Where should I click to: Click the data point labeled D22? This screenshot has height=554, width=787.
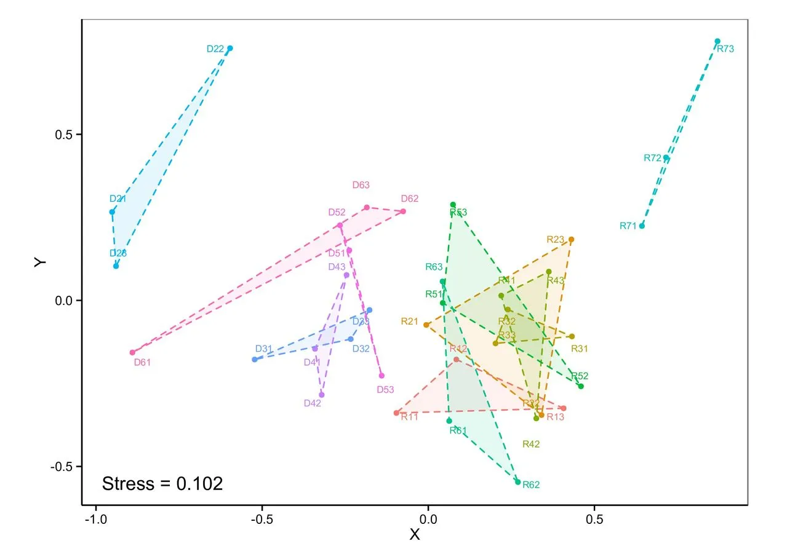tap(230, 48)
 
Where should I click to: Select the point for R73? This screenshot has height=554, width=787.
tap(717, 41)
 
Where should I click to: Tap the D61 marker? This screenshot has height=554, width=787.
tap(132, 352)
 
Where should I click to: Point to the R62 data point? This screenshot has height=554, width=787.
tap(518, 482)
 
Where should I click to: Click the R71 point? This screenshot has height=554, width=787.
tap(642, 226)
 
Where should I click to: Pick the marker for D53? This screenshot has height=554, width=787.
tap(382, 376)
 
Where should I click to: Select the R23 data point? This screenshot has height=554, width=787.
tap(571, 239)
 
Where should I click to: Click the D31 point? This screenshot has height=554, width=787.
tap(255, 359)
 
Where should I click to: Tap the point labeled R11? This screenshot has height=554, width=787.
tap(397, 413)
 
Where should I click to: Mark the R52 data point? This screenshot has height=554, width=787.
tap(581, 386)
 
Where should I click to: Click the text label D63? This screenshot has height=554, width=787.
tap(361, 184)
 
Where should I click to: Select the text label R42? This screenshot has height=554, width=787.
tap(530, 444)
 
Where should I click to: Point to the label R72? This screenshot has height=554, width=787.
tap(652, 158)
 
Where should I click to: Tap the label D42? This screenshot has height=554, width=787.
tap(313, 403)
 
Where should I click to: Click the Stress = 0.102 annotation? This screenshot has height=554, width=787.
tap(162, 483)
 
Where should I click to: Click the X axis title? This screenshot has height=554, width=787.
tap(415, 535)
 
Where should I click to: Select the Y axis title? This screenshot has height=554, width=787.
tap(40, 263)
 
